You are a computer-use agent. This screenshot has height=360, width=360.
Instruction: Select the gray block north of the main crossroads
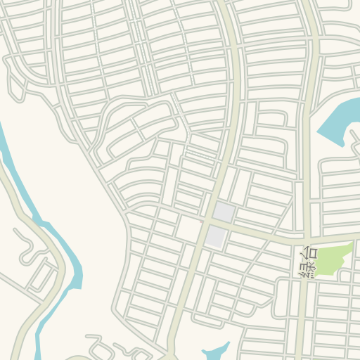click(224, 211)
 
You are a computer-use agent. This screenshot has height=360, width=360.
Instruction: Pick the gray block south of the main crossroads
click(215, 236)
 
